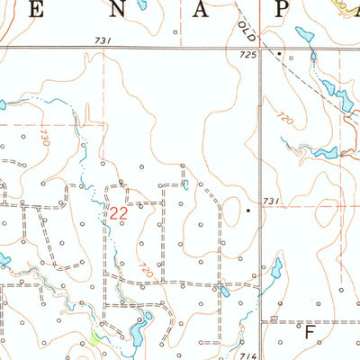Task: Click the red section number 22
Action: pyautogui.click(x=117, y=215)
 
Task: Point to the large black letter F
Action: pyautogui.click(x=310, y=332)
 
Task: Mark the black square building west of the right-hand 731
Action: pyautogui.click(x=249, y=211)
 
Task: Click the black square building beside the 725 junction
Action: pyautogui.click(x=278, y=55)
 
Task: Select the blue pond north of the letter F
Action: pyautogui.click(x=276, y=268)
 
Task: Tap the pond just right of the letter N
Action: pyautogui.click(x=141, y=4)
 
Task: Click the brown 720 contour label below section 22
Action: pyautogui.click(x=147, y=267)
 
